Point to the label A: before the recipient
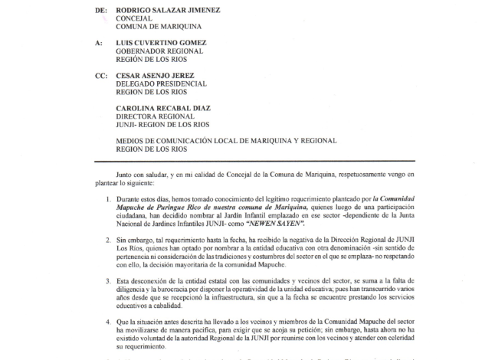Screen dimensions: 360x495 point(99,43)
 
